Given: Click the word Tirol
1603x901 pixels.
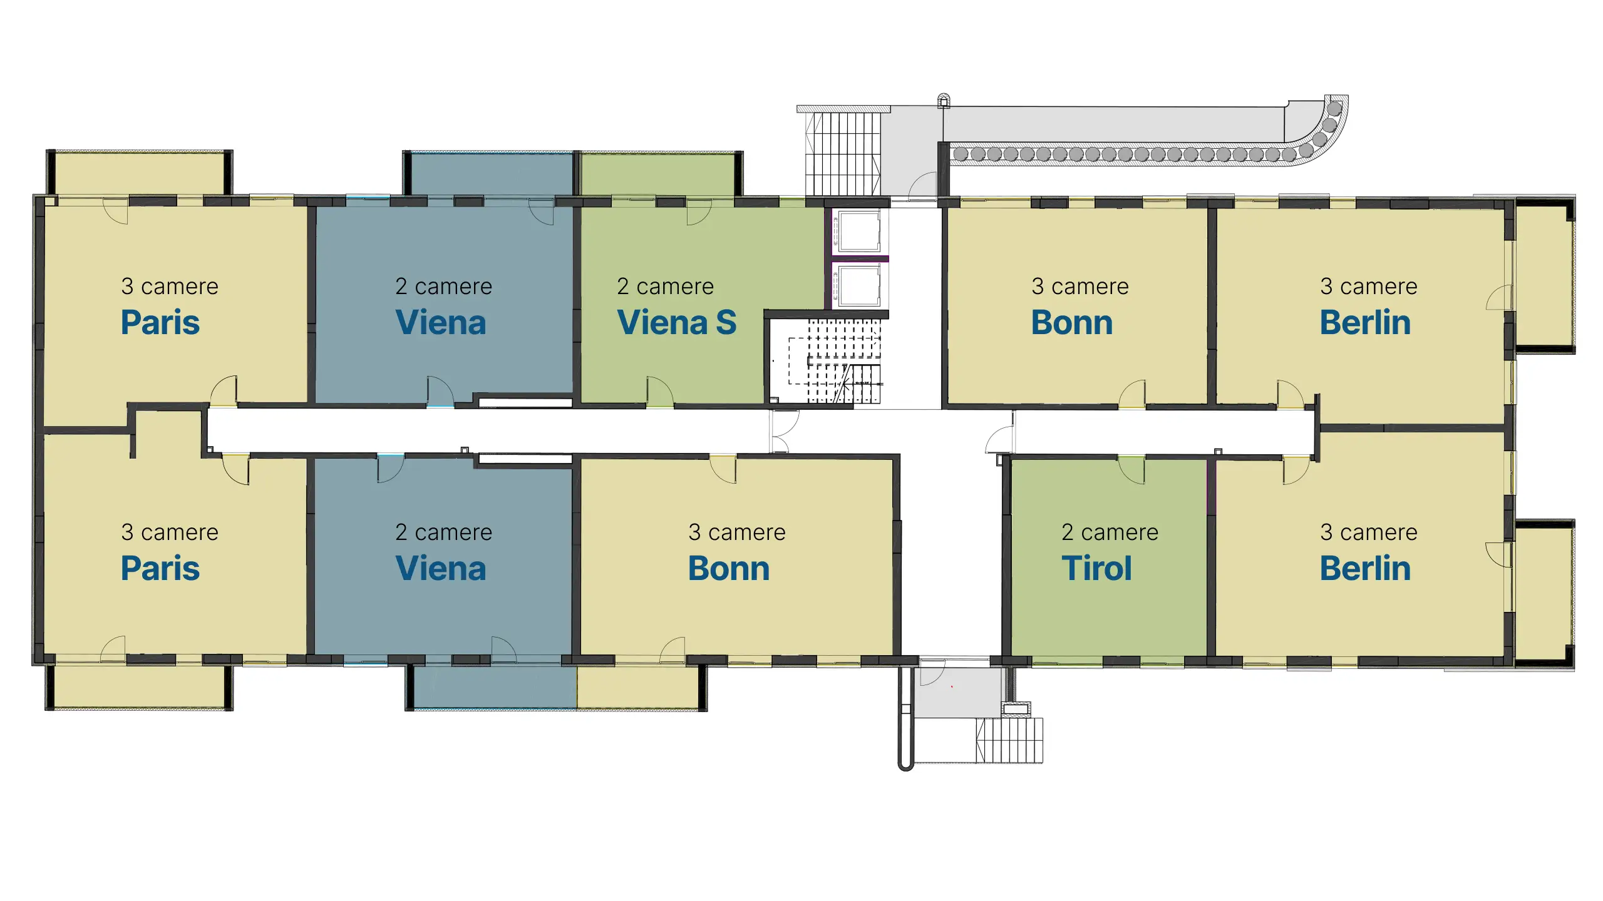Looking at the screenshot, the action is pyautogui.click(x=1096, y=568).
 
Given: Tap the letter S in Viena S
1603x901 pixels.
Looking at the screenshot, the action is pyautogui.click(x=726, y=322).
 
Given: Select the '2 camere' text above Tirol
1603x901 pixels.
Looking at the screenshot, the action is pyautogui.click(x=1110, y=532).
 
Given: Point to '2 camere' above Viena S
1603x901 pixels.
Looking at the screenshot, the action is pyautogui.click(x=665, y=286).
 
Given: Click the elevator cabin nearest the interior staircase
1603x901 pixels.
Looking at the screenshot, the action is pyautogui.click(x=859, y=285).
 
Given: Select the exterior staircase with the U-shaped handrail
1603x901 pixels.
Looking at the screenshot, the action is pyautogui.click(x=1009, y=740).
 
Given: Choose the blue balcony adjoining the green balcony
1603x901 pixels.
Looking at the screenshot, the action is pyautogui.click(x=492, y=174).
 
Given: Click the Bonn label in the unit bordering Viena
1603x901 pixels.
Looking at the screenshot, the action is pyautogui.click(x=729, y=568).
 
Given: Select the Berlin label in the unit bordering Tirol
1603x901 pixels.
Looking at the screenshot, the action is pyautogui.click(x=1365, y=568).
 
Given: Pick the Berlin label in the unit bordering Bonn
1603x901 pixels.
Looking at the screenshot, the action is pyautogui.click(x=1365, y=322).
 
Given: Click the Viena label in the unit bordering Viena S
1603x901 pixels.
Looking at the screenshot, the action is pyautogui.click(x=441, y=322).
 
